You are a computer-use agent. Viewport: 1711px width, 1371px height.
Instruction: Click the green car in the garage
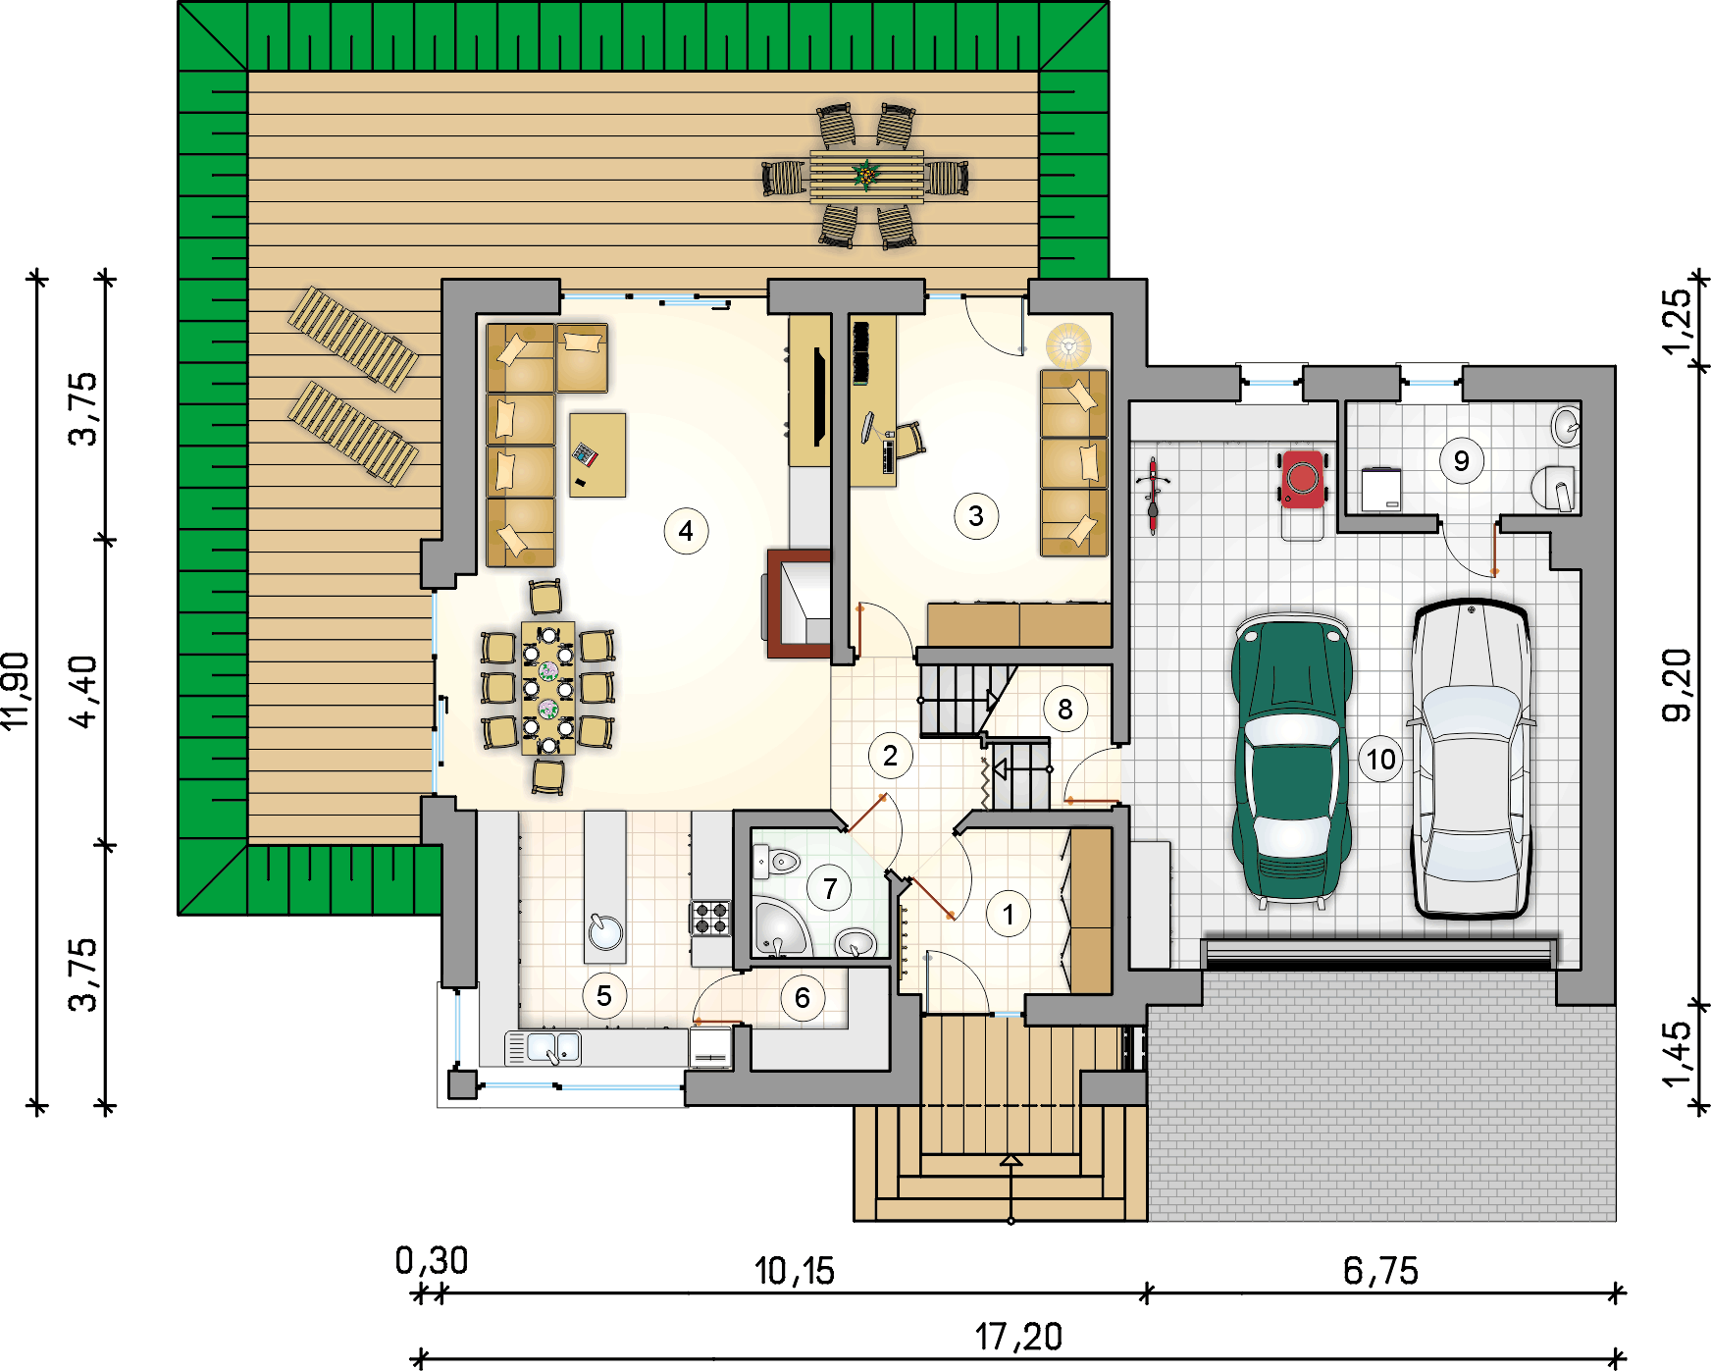[x=1292, y=757]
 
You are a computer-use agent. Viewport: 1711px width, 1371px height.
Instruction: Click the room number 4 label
[x=686, y=531]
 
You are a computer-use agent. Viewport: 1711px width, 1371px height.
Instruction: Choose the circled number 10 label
[x=1381, y=759]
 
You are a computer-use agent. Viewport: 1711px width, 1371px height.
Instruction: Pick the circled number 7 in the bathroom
[x=830, y=888]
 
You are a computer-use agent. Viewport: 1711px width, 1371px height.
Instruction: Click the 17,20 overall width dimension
[x=1018, y=1337]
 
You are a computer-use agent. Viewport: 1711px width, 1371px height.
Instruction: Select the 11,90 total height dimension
[x=17, y=691]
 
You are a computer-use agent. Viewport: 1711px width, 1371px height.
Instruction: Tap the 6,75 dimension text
[x=1380, y=1271]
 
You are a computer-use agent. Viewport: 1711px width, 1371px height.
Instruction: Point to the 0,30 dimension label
[x=432, y=1261]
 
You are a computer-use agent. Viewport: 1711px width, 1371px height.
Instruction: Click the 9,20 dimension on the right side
[x=1677, y=685]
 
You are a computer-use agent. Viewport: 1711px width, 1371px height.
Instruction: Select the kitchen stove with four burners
[x=710, y=919]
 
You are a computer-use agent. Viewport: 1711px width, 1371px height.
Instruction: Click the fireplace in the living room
[x=799, y=603]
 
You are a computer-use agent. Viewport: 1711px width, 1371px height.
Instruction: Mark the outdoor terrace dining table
[x=866, y=177]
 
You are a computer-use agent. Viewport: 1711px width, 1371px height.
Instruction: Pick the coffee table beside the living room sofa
[x=597, y=454]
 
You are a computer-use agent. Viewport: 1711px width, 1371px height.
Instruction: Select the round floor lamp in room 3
[x=1068, y=344]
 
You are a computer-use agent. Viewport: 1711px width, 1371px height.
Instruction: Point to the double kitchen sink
[x=543, y=1048]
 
